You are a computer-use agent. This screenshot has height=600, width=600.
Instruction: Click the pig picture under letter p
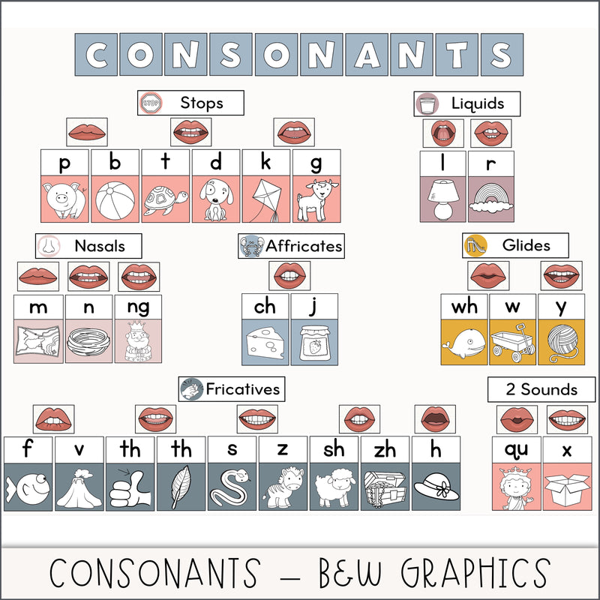(64, 200)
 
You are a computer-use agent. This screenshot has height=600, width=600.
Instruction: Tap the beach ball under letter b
(115, 200)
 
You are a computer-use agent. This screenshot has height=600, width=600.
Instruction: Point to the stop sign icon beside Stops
(150, 103)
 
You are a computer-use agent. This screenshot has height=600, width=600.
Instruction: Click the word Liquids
(478, 103)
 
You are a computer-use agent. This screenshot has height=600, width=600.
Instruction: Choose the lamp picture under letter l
(443, 200)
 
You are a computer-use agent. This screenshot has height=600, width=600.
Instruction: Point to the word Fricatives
(242, 388)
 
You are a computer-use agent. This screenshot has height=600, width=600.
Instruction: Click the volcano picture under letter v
(79, 487)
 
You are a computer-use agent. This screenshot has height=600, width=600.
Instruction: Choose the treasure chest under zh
(385, 487)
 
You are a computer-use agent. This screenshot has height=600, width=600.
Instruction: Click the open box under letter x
(567, 487)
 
